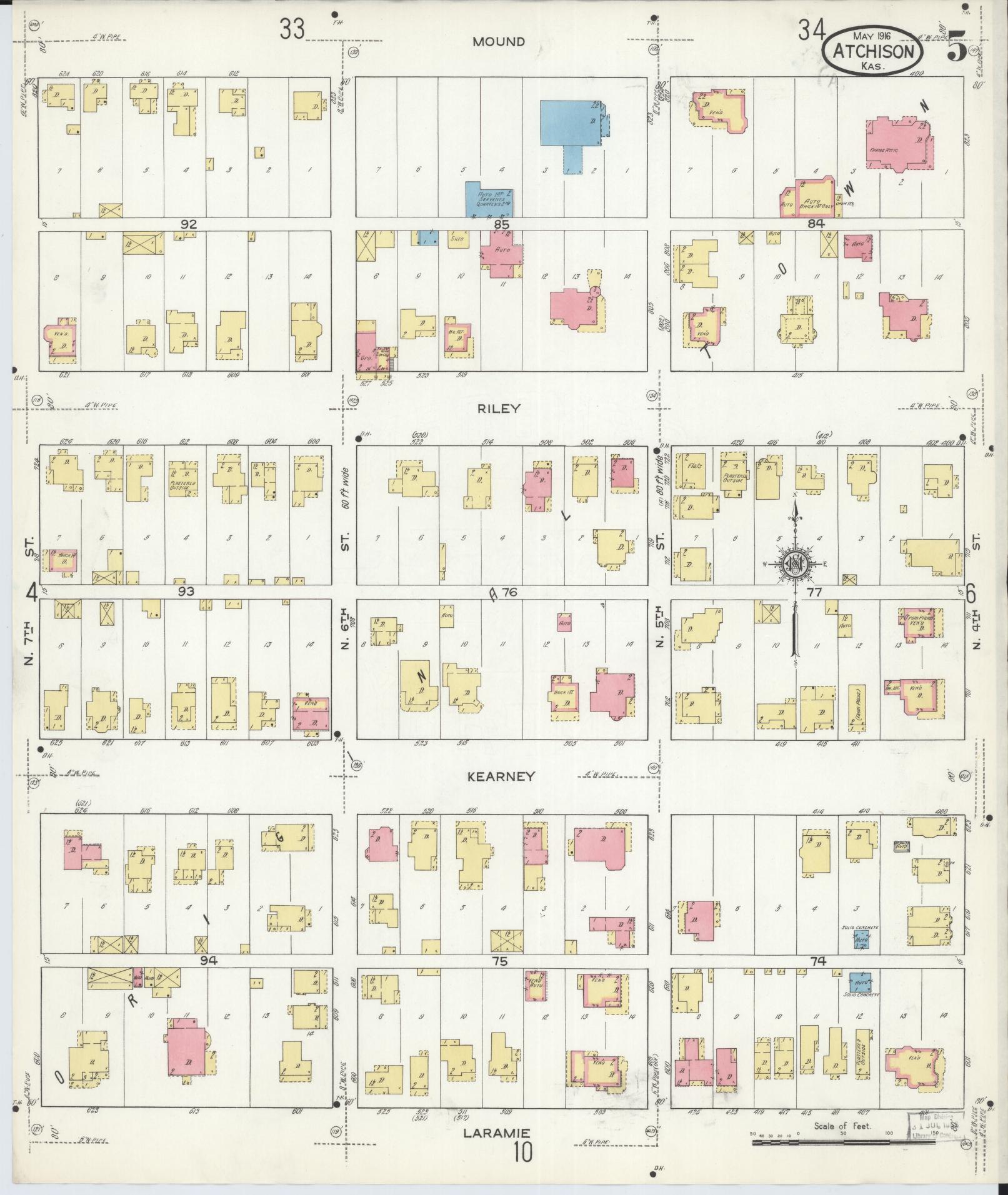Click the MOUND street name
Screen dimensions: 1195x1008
(499, 42)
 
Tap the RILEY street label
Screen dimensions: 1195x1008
(499, 409)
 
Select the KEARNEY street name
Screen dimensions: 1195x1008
(502, 776)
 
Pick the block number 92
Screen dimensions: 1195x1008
(188, 224)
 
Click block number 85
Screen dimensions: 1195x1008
(501, 224)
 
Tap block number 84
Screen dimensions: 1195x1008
(816, 224)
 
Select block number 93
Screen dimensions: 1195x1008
(186, 591)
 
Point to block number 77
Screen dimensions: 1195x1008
(814, 592)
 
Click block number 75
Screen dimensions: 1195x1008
(498, 961)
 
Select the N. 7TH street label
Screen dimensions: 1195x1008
(29, 631)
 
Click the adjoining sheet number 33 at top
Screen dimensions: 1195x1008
(292, 29)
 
